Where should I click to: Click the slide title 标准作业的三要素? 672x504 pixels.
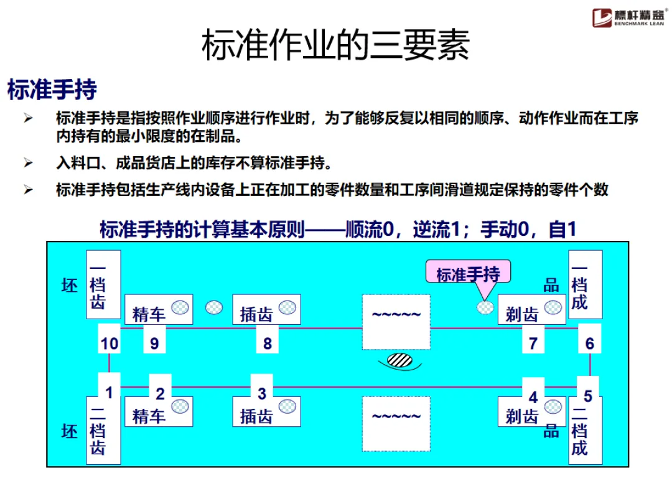pos(335,45)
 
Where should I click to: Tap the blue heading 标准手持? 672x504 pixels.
pos(52,90)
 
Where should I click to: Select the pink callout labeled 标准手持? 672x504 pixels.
pos(468,274)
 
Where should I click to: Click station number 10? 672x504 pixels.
pos(110,343)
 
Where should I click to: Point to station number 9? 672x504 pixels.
pos(154,343)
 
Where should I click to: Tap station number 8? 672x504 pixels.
pos(268,343)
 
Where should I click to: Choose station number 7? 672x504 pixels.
pos(533,343)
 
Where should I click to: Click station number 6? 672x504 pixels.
pos(589,343)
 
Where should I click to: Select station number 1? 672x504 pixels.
pos(110,393)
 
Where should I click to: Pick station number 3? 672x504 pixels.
pos(262,393)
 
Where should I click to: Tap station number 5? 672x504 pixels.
pos(587,396)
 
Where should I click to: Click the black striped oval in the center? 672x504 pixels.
pos(399,360)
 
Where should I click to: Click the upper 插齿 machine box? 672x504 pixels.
pos(266,309)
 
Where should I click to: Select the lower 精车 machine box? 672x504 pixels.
pos(159,411)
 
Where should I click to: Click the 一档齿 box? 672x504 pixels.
pos(103,285)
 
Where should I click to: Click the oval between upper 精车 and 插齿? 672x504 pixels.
pos(214,307)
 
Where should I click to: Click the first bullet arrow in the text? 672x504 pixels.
pos(28,118)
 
